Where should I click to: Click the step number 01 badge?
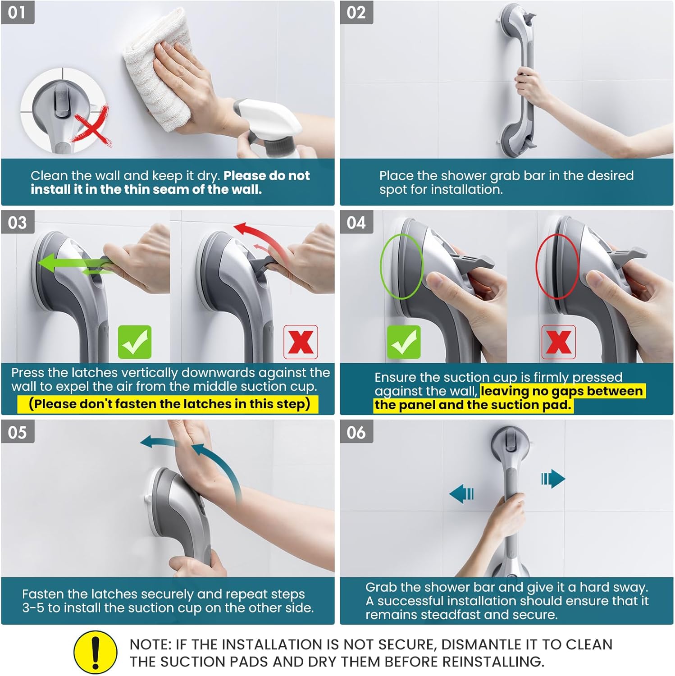18,12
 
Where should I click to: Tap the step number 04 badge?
356,222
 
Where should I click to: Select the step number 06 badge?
356,432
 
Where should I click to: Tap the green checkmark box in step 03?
135,342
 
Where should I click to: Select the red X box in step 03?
301,342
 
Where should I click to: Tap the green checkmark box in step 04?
404,342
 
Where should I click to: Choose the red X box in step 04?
558,342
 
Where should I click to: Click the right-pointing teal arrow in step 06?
553,479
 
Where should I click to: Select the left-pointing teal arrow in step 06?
461,494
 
